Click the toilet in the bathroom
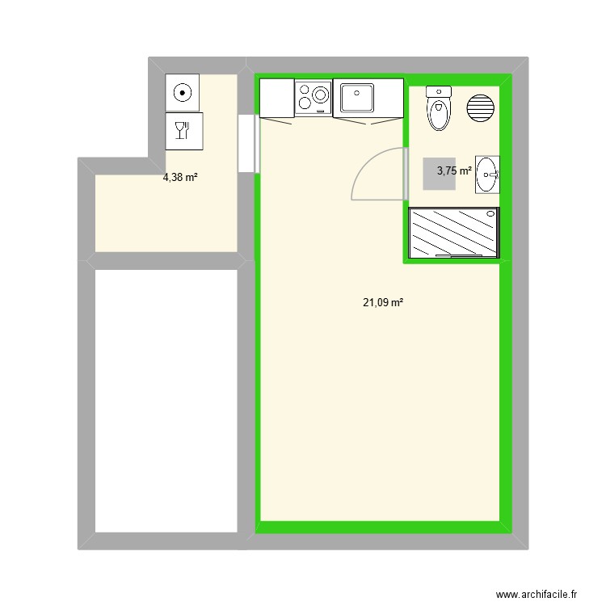click(x=439, y=110)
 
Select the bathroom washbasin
click(x=487, y=174)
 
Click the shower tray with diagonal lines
click(x=454, y=233)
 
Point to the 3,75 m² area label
click(x=454, y=170)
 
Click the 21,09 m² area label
click(x=383, y=303)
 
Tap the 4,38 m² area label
click(x=180, y=178)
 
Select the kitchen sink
click(x=356, y=98)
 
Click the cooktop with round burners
click(x=314, y=98)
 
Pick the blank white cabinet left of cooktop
click(x=276, y=98)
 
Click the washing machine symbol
click(x=184, y=92)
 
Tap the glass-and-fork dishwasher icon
click(x=184, y=130)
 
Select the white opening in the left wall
click(x=248, y=143)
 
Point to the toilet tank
click(x=439, y=91)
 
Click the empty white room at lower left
click(x=167, y=400)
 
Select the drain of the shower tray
click(x=490, y=214)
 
